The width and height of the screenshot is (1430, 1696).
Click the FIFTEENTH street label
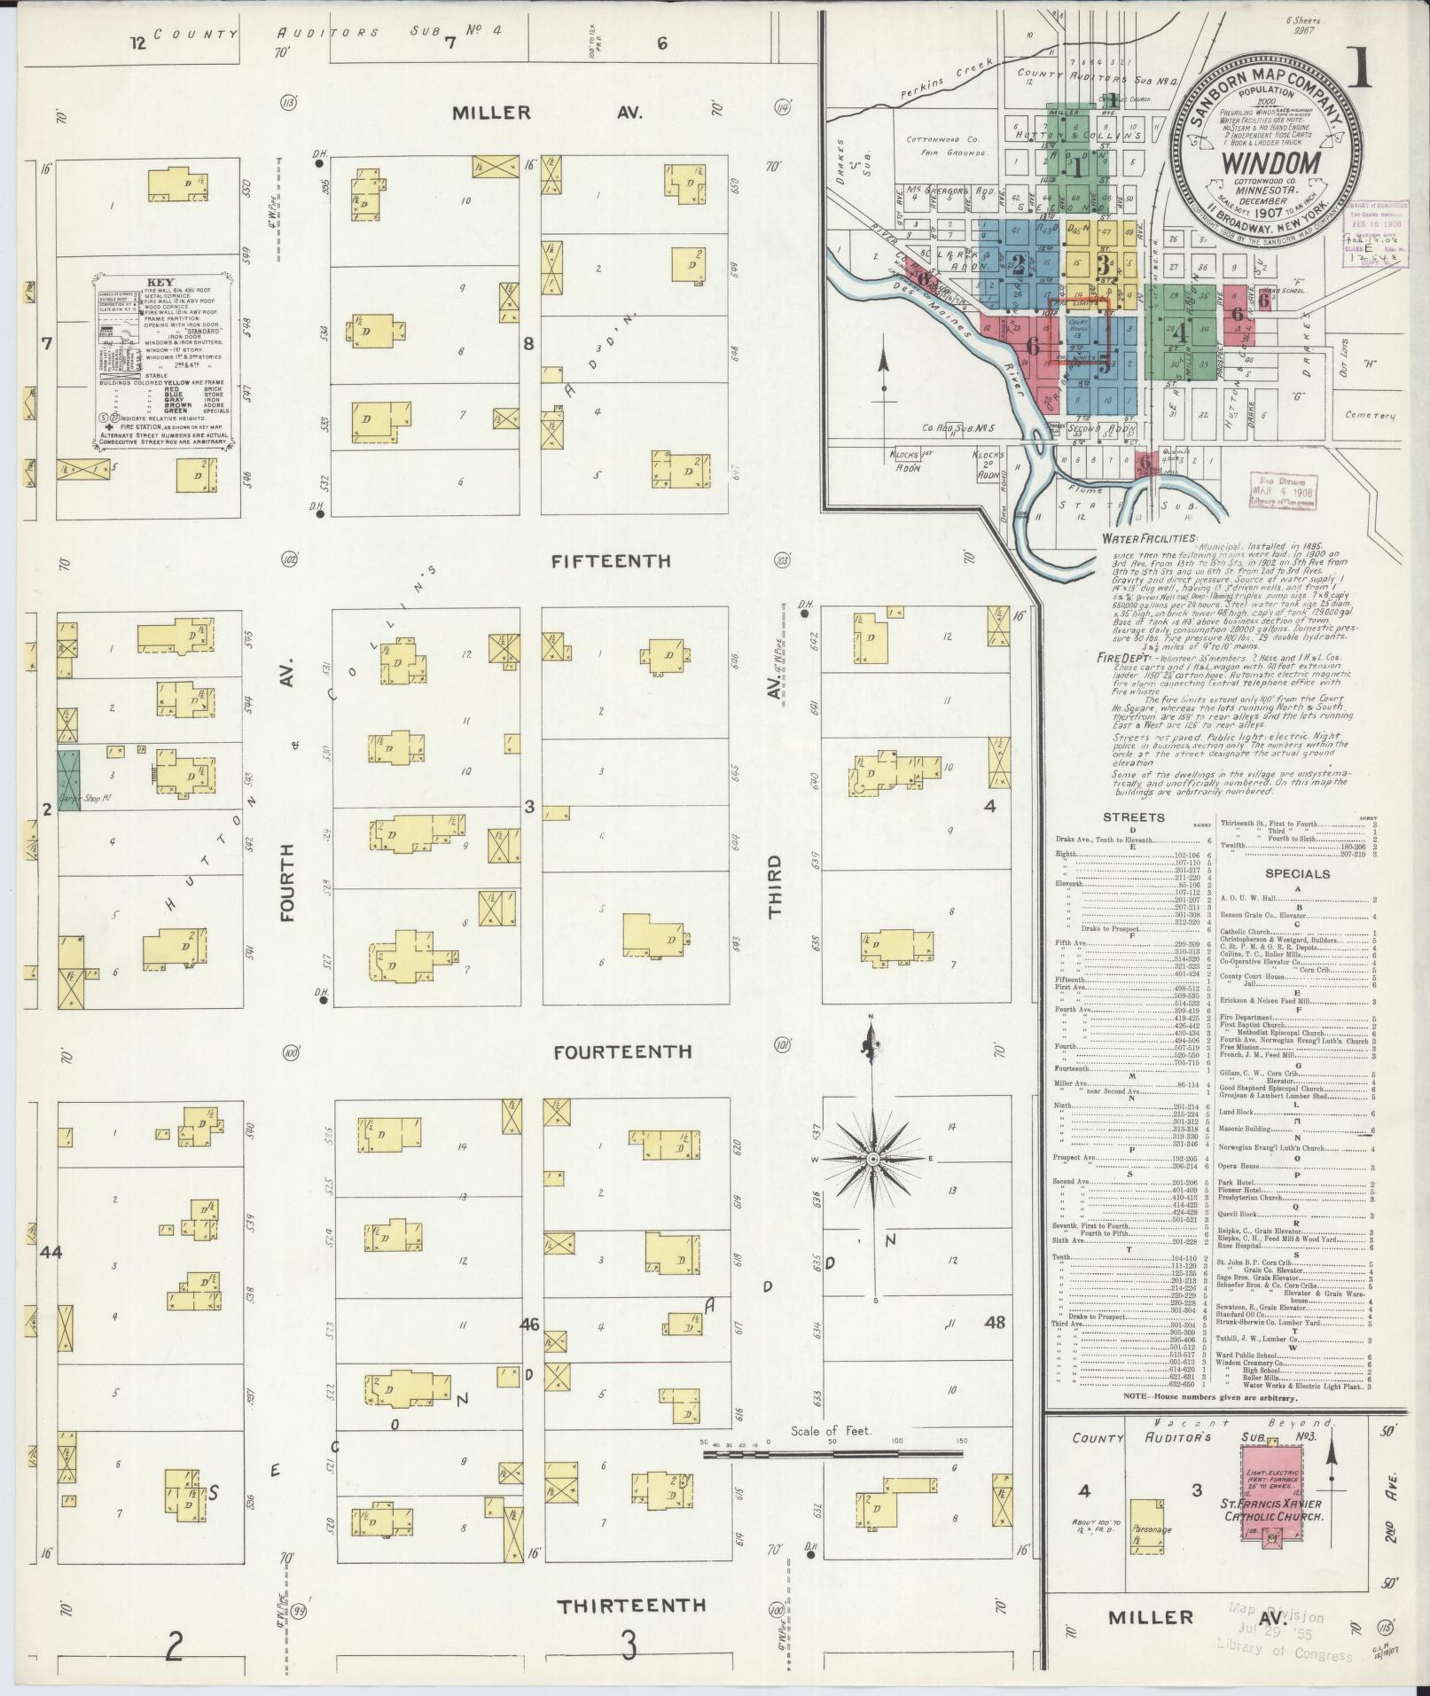pyautogui.click(x=611, y=562)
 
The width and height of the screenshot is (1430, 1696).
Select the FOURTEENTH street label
pyautogui.click(x=622, y=1051)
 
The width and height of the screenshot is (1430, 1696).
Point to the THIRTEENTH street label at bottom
pyautogui.click(x=631, y=1606)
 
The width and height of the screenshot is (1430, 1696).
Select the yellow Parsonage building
pyautogui.click(x=1148, y=1527)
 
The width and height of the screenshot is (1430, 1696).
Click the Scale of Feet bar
pyautogui.click(x=833, y=1453)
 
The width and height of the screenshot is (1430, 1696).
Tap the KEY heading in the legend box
pyautogui.click(x=167, y=284)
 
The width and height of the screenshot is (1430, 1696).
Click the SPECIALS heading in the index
pyautogui.click(x=1299, y=873)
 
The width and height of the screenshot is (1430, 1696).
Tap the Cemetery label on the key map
pyautogui.click(x=1370, y=416)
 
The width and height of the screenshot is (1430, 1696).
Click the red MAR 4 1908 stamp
pyautogui.click(x=1283, y=490)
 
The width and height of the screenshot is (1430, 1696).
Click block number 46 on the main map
pyautogui.click(x=529, y=1325)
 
